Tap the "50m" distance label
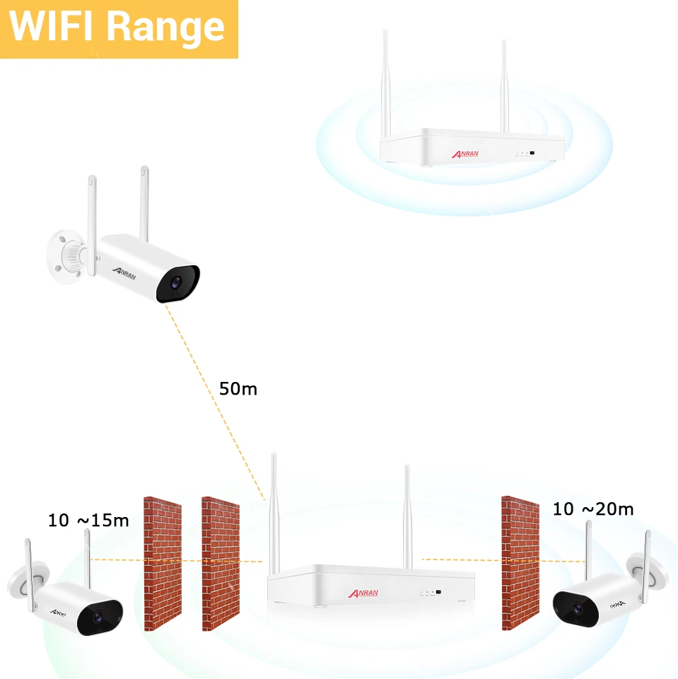238,388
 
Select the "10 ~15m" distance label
88,521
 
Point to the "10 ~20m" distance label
593,509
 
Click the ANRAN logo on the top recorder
464,153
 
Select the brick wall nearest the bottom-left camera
163,563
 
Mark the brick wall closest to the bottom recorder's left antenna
221,563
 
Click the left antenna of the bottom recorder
274,513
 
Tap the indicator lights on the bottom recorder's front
431,592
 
